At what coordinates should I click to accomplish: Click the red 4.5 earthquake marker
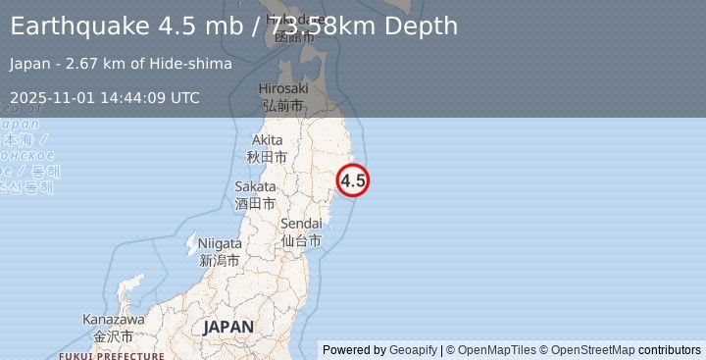353,180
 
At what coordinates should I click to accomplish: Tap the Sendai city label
301,225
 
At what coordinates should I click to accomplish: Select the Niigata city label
220,243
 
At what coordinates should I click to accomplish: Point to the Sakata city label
255,186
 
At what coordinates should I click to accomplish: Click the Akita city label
267,140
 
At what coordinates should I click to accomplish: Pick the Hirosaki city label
283,88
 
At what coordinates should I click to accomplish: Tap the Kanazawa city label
114,320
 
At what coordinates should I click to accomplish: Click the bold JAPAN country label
228,327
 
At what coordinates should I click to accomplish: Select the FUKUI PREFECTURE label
111,355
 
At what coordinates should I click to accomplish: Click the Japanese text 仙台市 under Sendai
301,240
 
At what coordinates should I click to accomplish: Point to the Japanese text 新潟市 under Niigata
220,260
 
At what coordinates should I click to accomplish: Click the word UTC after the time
184,97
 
